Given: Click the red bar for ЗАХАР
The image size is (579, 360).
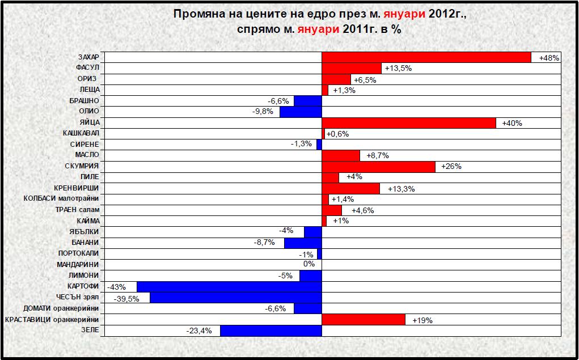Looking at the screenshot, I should coord(426,58).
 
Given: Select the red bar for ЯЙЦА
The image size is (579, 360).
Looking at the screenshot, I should coord(408,123).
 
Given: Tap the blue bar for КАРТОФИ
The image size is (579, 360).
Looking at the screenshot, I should coord(229,287).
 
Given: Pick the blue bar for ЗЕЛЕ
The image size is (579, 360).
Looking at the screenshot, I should coord(271,331).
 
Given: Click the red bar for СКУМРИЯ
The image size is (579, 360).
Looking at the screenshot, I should coord(378,167).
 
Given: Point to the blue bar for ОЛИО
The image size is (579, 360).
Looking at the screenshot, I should coord(301,112).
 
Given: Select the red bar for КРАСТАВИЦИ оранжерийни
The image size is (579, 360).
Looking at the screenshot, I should coord(363,320).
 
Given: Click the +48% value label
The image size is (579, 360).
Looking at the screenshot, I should coord(549,58).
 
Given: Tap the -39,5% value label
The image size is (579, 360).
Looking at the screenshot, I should coord(127,298).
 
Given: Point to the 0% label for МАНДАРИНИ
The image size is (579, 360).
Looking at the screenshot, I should coord(308,264).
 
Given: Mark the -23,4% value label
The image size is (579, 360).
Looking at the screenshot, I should coord(199,331).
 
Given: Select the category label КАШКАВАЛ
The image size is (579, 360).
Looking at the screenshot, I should coord(81,134).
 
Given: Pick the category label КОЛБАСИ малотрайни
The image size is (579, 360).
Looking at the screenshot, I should coord(61,199).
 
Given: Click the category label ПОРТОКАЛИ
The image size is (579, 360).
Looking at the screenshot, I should coord(78,253).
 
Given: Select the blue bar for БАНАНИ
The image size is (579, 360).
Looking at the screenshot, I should coord(303,243).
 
